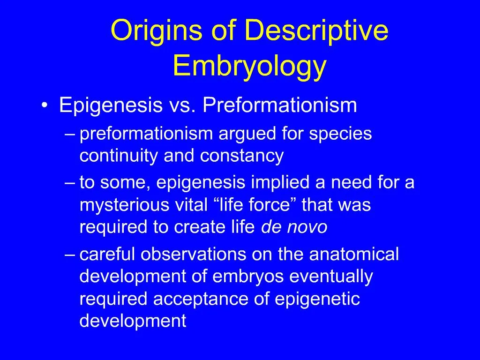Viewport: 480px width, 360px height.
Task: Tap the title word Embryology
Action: click(249, 66)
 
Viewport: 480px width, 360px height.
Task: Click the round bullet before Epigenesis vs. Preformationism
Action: click(44, 106)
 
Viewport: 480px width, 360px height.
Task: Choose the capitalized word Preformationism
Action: click(280, 105)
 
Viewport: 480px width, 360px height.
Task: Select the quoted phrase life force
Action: click(256, 205)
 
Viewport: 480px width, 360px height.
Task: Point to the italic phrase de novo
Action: click(294, 227)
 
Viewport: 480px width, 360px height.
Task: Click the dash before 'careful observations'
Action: click(70, 255)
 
